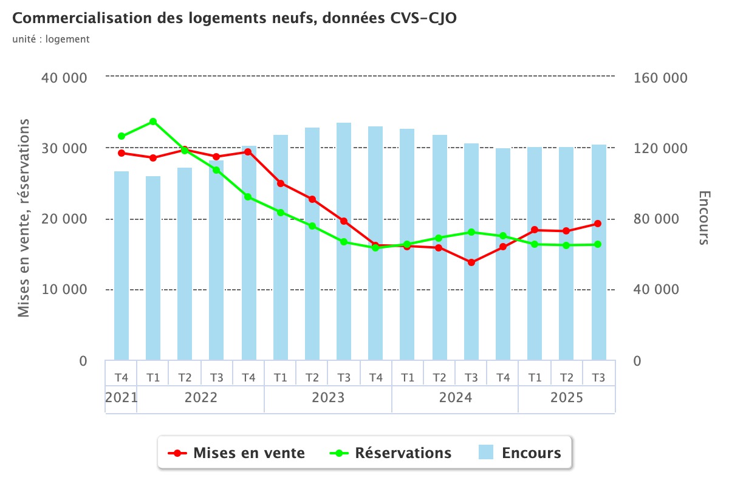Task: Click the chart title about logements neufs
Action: point(234,19)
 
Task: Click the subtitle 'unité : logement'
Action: point(51,39)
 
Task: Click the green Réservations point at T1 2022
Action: point(153,122)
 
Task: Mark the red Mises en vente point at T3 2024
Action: point(471,262)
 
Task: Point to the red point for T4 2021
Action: point(122,153)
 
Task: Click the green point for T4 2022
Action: point(248,197)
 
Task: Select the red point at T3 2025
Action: point(598,224)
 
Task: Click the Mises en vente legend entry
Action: point(237,453)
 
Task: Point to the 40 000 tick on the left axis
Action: point(64,78)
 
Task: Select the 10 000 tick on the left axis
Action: point(64,290)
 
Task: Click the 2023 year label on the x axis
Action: point(328,399)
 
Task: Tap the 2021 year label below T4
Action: point(121,399)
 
